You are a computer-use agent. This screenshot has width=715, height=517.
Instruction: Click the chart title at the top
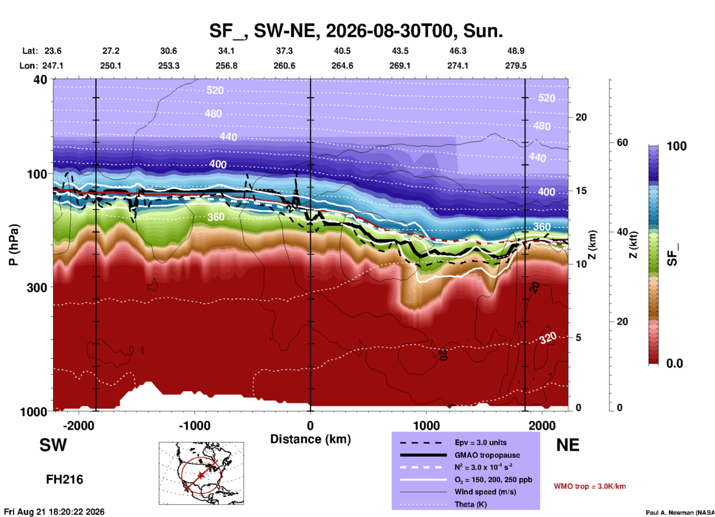coord(356,30)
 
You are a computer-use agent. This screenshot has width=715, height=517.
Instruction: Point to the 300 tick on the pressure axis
coord(37,287)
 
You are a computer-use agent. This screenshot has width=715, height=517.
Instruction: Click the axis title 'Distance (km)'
coord(310,439)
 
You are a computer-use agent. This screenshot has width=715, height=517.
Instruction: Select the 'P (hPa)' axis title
coord(13,245)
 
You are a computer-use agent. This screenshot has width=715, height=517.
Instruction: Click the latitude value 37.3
coord(284,51)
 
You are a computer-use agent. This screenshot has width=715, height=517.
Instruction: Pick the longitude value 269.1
coord(400,66)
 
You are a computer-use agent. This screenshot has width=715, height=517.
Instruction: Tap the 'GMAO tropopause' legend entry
coord(487,455)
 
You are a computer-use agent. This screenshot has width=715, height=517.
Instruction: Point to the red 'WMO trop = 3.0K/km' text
coord(590,486)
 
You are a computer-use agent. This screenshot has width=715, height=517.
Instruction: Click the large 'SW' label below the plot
coord(53,445)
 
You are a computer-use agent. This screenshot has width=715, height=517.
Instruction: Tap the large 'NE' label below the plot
coord(568,445)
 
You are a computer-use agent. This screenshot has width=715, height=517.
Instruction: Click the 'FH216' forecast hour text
coord(65,480)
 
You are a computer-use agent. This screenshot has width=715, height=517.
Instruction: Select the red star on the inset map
coord(201,475)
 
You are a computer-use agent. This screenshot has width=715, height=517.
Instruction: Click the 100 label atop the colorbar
coord(676,146)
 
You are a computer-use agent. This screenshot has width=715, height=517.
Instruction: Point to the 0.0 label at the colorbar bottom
coord(675,363)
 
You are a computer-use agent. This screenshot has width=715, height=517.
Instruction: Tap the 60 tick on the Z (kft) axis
coord(622,142)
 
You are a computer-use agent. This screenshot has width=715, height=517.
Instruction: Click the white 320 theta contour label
coord(548,338)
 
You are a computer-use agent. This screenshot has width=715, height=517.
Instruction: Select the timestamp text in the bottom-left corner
coord(54,512)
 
